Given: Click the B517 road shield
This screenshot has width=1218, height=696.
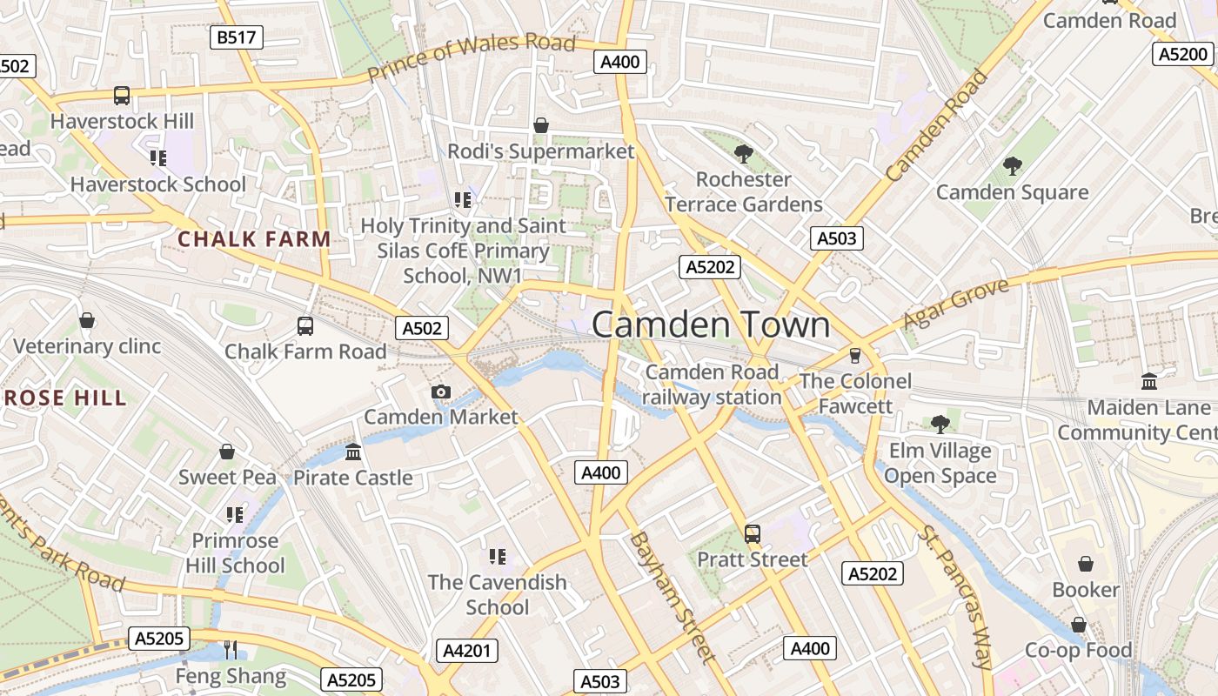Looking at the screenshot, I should (x=237, y=37).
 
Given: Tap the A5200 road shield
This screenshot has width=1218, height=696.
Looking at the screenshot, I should (x=1183, y=54).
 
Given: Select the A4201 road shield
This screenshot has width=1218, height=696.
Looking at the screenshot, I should (x=467, y=651).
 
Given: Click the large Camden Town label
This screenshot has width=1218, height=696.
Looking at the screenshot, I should (x=711, y=325).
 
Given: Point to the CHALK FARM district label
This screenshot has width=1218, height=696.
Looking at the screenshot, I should (x=254, y=239).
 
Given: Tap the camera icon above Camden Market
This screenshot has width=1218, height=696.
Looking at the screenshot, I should (x=441, y=392).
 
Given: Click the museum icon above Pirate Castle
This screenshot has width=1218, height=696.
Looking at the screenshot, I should (x=353, y=452).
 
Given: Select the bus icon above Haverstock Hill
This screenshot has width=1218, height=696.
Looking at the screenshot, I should (x=122, y=96).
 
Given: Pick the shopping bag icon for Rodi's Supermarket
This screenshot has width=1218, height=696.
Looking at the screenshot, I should (x=541, y=126).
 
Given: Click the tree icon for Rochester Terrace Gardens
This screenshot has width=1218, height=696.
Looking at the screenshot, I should (x=743, y=154).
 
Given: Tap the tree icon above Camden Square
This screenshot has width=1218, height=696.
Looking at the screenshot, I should (x=1012, y=166).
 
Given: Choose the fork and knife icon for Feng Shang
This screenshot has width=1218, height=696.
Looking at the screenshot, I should (x=231, y=649).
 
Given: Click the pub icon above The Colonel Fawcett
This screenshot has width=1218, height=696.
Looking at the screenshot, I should (x=854, y=356).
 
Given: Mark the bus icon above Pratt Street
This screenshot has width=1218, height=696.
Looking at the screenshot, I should (x=753, y=534).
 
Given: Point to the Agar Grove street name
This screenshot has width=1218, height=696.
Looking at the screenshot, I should (x=955, y=304).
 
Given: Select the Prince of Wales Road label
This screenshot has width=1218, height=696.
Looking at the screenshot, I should (x=472, y=57).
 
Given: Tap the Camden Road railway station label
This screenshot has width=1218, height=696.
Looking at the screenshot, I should (x=713, y=385).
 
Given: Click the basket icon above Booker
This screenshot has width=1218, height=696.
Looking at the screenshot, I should (x=1086, y=565).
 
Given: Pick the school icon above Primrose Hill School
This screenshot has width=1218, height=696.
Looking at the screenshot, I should (x=235, y=515).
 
